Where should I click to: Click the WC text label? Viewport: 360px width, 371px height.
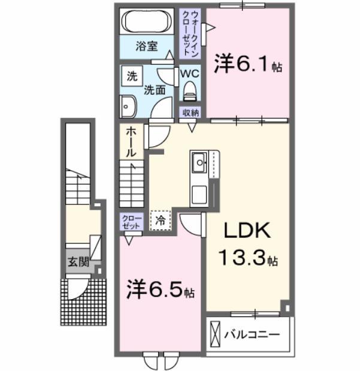[190, 73]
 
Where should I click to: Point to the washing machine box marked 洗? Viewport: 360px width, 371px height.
[130, 76]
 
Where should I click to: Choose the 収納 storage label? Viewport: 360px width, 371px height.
[190, 113]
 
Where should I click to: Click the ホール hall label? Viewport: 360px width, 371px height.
[131, 142]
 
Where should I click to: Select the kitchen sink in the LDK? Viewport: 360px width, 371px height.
[199, 161]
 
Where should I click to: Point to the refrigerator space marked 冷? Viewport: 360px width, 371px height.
[160, 220]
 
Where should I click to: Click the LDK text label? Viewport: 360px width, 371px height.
[249, 231]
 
